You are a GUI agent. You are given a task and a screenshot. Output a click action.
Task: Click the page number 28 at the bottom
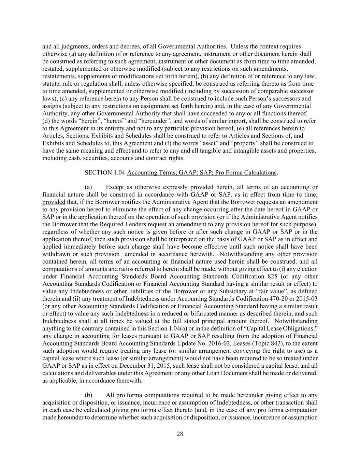pos(180,434)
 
